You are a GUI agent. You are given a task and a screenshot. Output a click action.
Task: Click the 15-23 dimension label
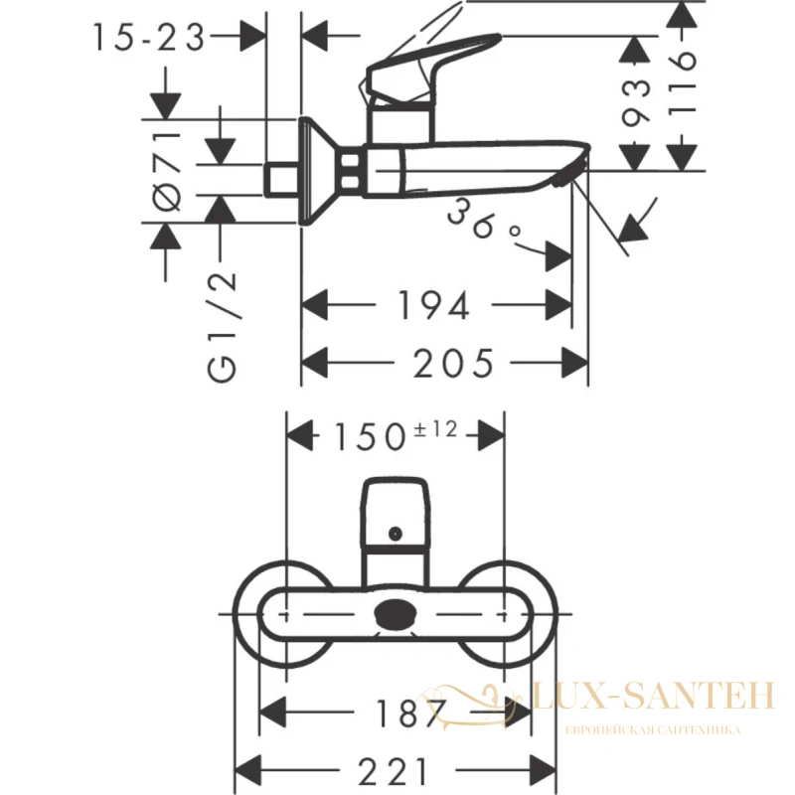149,38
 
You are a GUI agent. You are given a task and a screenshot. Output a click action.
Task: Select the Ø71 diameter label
167,171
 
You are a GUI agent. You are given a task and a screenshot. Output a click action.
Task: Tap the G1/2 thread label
222,327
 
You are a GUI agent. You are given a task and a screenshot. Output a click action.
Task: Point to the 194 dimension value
433,305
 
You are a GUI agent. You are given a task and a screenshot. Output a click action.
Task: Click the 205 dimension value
452,363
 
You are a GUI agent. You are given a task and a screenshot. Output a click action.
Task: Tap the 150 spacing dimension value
370,436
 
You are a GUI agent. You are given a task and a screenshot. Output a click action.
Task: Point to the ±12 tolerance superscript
435,429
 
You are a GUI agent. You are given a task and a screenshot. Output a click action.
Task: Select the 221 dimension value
393,771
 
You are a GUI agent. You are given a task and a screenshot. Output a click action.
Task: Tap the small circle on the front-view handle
395,534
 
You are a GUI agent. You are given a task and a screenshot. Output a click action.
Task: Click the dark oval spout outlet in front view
396,614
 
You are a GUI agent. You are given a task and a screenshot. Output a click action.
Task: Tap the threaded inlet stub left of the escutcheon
282,180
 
